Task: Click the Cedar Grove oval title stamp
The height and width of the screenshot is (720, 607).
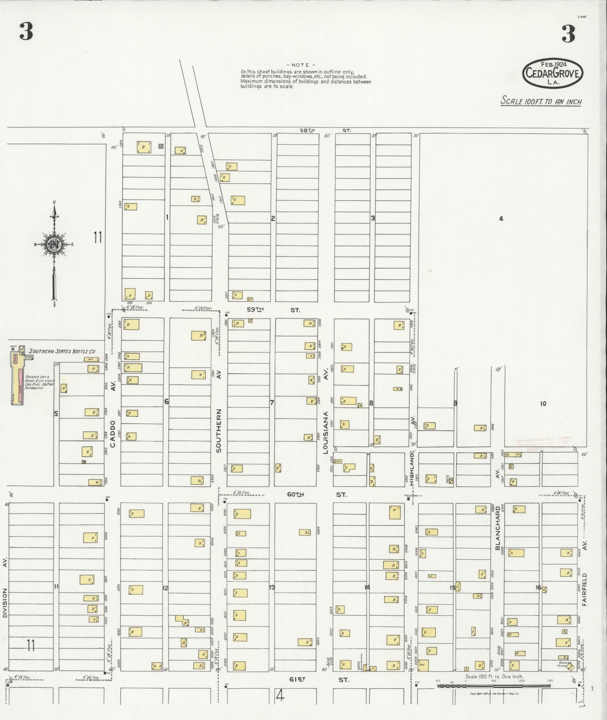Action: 552,74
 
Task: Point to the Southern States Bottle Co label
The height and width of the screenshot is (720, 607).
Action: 62,352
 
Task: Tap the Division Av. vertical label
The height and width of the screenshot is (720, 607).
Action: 5,591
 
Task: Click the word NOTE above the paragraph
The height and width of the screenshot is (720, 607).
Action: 301,65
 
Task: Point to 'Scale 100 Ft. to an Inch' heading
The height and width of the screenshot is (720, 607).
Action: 541,102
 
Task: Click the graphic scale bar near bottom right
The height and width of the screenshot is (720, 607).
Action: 494,686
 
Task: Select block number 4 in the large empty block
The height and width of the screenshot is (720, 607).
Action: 501,219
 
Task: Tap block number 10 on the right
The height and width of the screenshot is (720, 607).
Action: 543,404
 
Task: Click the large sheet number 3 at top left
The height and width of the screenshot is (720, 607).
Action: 26,32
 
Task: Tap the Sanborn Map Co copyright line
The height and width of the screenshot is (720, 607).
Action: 494,693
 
